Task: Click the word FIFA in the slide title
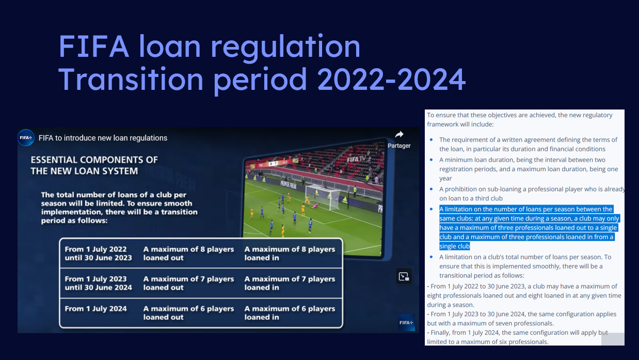[93, 46]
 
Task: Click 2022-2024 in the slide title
[391, 79]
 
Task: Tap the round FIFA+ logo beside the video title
[26, 137]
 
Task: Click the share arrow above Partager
[399, 134]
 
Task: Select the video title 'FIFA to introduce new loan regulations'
[103, 138]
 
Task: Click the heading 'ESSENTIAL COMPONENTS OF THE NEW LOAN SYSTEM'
[94, 165]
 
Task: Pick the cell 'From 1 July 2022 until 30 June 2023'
[99, 254]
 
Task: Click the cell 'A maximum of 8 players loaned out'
[188, 254]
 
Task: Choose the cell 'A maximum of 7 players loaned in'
[290, 283]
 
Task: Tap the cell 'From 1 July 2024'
[96, 309]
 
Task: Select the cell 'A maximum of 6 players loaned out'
[188, 313]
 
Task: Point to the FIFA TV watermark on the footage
[356, 159]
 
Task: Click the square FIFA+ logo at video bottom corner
[406, 323]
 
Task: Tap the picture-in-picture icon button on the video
[404, 276]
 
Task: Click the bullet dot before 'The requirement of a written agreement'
[432, 139]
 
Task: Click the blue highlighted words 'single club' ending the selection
[454, 246]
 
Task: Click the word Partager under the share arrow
[399, 146]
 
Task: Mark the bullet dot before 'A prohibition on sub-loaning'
[432, 189]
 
